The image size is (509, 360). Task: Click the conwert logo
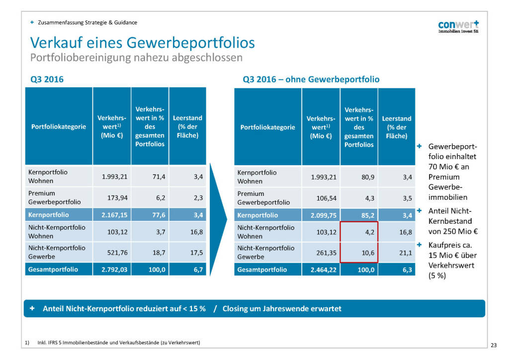458,27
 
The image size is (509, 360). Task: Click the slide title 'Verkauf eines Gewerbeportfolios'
143,42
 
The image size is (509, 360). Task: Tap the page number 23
493,345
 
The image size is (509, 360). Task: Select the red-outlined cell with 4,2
359,232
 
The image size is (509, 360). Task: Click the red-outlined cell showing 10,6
359,253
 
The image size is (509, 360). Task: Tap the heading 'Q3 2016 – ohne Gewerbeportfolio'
311,79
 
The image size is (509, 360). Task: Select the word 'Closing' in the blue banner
236,309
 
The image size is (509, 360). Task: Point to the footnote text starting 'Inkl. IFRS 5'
119,342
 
